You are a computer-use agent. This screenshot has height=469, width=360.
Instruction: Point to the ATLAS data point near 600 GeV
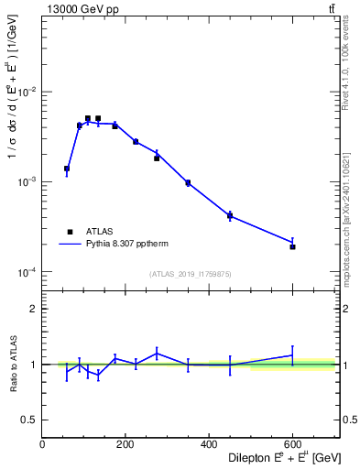[292, 246]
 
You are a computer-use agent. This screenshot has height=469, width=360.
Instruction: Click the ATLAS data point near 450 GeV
[230, 216]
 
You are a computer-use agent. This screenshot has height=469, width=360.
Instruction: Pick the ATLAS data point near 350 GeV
[188, 183]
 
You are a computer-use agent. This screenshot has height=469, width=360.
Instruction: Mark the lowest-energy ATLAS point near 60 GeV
[67, 169]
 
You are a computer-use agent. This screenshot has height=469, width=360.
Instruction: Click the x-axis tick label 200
[125, 444]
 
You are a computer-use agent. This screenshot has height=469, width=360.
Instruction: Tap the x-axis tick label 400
[209, 444]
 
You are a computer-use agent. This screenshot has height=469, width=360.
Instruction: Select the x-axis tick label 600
[292, 444]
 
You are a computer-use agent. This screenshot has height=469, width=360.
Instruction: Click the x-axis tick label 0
[42, 444]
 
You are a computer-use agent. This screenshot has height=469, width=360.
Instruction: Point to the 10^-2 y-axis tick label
[27, 93]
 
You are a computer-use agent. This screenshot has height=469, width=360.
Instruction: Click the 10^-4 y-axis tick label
[27, 272]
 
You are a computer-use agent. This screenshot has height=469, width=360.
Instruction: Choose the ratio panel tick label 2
[34, 309]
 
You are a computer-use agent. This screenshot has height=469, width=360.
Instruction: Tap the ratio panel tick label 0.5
[30, 420]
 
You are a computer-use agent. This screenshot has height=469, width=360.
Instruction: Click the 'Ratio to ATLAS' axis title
[15, 364]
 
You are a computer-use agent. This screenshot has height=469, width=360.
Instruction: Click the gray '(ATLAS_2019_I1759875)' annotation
[191, 274]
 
